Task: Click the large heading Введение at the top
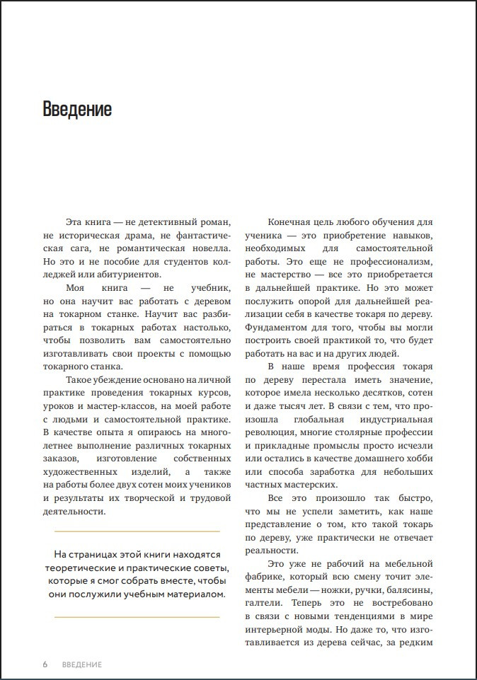77,110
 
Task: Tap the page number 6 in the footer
45,664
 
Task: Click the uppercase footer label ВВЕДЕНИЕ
82,664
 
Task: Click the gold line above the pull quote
137,531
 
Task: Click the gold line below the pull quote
137,618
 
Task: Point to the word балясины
408,590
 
